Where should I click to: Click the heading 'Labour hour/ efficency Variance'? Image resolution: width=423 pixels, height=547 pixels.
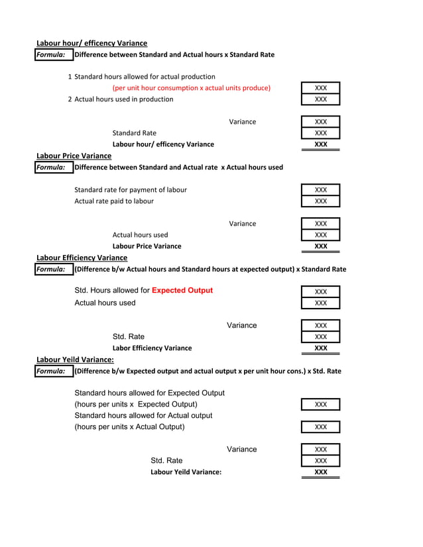[x=91, y=43]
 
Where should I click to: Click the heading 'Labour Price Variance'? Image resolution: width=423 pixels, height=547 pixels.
[x=74, y=156]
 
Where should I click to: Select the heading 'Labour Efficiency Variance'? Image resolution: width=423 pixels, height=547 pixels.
[x=82, y=258]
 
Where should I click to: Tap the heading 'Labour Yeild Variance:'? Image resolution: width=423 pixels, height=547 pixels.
[x=75, y=360]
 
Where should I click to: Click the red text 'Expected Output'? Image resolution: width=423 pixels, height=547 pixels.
[x=182, y=291]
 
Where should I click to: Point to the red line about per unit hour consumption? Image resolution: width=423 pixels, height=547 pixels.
[x=191, y=88]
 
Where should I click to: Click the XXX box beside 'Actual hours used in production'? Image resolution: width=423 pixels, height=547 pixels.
[x=320, y=99]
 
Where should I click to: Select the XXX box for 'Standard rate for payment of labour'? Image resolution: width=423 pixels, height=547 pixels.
[x=320, y=190]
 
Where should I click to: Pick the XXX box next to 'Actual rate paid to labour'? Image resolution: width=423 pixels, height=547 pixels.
[x=320, y=201]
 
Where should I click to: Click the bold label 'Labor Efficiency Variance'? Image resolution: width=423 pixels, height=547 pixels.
[x=152, y=348]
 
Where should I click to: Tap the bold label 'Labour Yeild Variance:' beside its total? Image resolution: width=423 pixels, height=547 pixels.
[x=186, y=472]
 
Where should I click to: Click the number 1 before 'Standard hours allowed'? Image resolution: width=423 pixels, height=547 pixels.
[x=70, y=77]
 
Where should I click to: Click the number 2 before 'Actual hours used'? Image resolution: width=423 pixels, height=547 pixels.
[x=70, y=99]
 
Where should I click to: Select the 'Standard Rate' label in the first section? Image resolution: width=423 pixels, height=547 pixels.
[x=135, y=133]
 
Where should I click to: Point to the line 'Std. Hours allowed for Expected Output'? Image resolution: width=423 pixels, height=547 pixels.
[x=143, y=291]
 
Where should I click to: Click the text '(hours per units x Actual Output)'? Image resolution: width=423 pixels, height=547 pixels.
[x=129, y=427]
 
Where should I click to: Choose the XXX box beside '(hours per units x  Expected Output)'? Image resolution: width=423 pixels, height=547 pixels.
[x=320, y=405]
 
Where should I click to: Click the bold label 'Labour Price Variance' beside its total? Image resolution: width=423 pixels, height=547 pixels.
[x=147, y=246]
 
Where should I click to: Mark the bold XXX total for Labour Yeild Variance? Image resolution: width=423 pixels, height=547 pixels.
[x=320, y=472]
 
